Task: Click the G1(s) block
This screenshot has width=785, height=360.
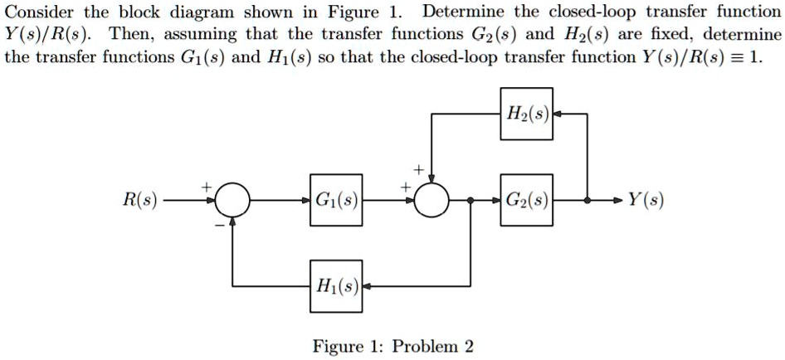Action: click(337, 200)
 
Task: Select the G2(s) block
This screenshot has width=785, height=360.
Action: click(527, 200)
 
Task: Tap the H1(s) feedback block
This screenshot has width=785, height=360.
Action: click(337, 286)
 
